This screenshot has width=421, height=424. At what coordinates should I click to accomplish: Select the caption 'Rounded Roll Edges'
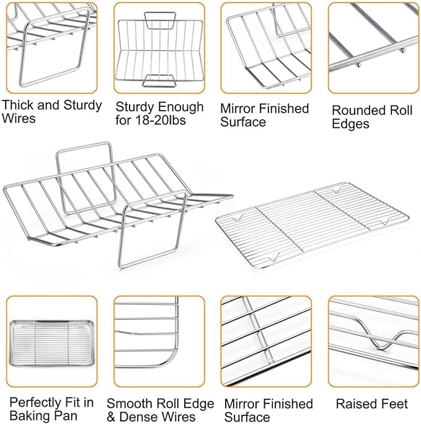(372, 117)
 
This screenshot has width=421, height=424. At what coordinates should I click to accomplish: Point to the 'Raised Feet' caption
(371, 404)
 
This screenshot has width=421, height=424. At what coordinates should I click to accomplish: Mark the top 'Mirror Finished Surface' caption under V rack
(264, 115)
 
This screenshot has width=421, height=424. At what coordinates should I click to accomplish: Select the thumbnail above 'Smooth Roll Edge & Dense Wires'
(159, 341)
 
